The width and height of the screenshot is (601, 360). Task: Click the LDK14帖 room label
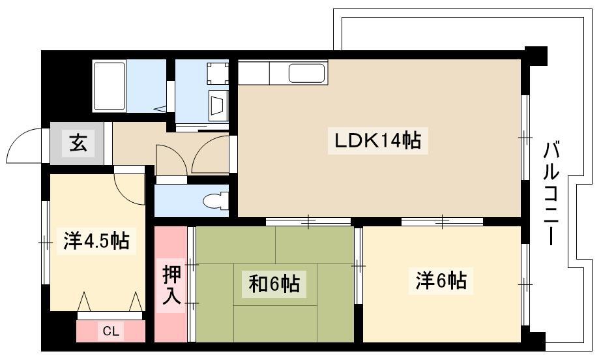pyautogui.click(x=378, y=141)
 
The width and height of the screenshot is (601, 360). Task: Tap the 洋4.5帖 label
pyautogui.click(x=96, y=241)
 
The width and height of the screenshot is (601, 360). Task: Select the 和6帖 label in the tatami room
pyautogui.click(x=274, y=284)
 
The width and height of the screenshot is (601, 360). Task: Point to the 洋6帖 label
pyautogui.click(x=441, y=280)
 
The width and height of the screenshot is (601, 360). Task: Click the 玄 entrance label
pyautogui.click(x=78, y=143)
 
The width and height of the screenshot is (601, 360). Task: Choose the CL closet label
pyautogui.click(x=111, y=331)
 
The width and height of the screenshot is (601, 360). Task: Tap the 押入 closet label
pyautogui.click(x=171, y=285)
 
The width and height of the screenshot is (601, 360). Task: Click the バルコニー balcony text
pyautogui.click(x=551, y=193)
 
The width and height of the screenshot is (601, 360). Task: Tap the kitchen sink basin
pyautogui.click(x=307, y=73)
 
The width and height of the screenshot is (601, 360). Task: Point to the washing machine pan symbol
pyautogui.click(x=218, y=73)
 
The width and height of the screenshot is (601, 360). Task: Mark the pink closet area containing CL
pyautogui.click(x=111, y=331)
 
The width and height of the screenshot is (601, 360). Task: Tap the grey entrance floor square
pyautogui.click(x=77, y=143)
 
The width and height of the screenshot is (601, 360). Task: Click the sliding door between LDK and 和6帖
pyautogui.click(x=308, y=221)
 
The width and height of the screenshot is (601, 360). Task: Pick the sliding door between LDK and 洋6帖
pyautogui.click(x=443, y=221)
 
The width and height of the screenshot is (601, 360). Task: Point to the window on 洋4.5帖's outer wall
pyautogui.click(x=45, y=243)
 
